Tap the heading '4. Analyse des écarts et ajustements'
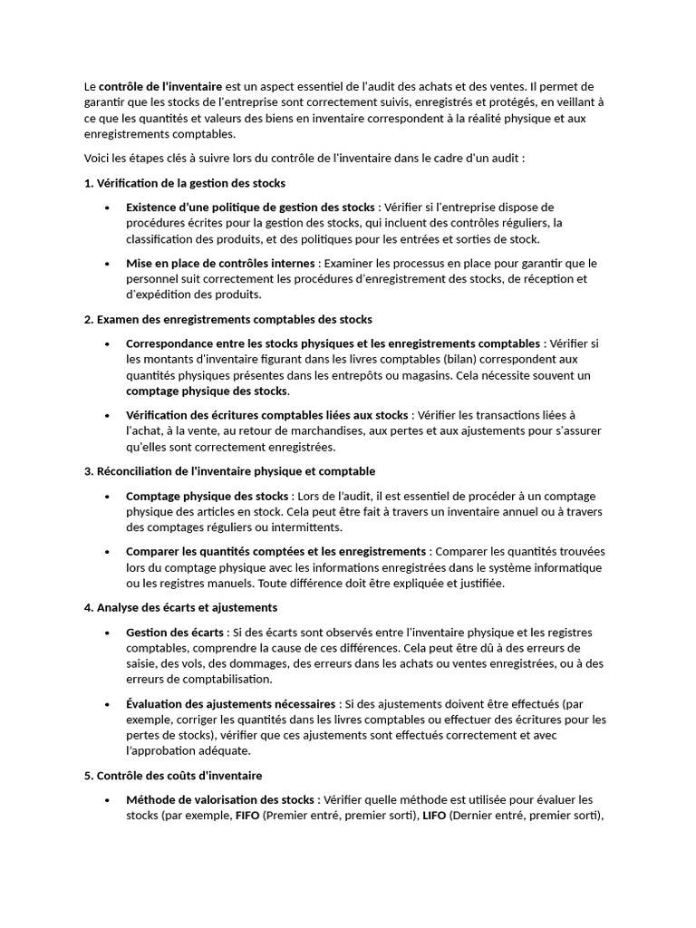coord(180,607)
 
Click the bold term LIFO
coord(435,815)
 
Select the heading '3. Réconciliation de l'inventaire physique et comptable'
coord(229,471)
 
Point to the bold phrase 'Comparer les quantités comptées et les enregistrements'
coord(275,551)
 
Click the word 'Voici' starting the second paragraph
coord(97,159)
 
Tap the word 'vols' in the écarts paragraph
coord(198,663)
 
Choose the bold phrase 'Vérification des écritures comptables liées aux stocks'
coord(267,415)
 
